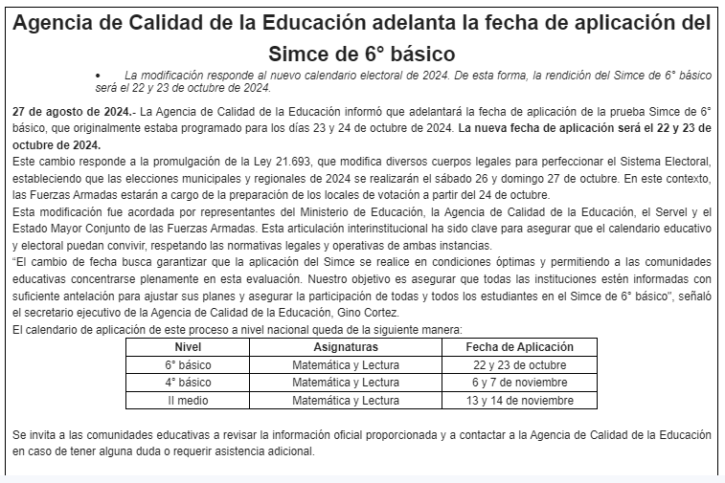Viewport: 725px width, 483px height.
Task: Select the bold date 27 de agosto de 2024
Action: pyautogui.click(x=72, y=112)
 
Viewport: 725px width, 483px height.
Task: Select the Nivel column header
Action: pyautogui.click(x=188, y=347)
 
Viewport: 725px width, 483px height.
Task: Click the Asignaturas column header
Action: pyautogui.click(x=346, y=347)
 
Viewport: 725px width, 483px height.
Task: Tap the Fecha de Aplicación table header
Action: pyautogui.click(x=519, y=347)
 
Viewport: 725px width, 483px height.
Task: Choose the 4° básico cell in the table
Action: pyautogui.click(x=188, y=383)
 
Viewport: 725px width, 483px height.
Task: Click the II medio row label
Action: pyautogui.click(x=188, y=400)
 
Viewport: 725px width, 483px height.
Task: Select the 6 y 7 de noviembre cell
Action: pyautogui.click(x=519, y=383)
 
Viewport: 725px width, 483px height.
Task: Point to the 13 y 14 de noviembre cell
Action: pyautogui.click(x=519, y=400)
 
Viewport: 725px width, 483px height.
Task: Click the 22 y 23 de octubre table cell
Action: pyautogui.click(x=519, y=365)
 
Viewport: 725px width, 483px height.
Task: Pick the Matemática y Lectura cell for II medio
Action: pyautogui.click(x=346, y=400)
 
